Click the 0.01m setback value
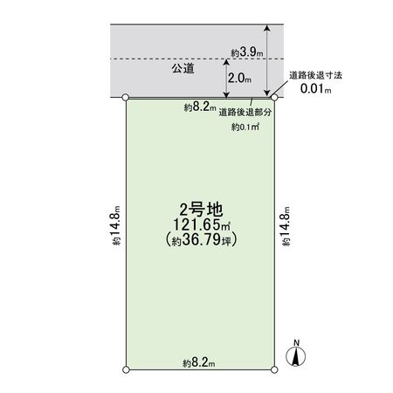(315, 89)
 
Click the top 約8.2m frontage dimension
(199, 107)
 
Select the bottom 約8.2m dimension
(199, 362)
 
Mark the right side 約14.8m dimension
(287, 229)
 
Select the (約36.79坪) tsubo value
(200, 238)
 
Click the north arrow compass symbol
(296, 356)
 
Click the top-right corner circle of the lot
(273, 98)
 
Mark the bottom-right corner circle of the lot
(273, 371)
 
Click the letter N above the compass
(296, 341)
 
